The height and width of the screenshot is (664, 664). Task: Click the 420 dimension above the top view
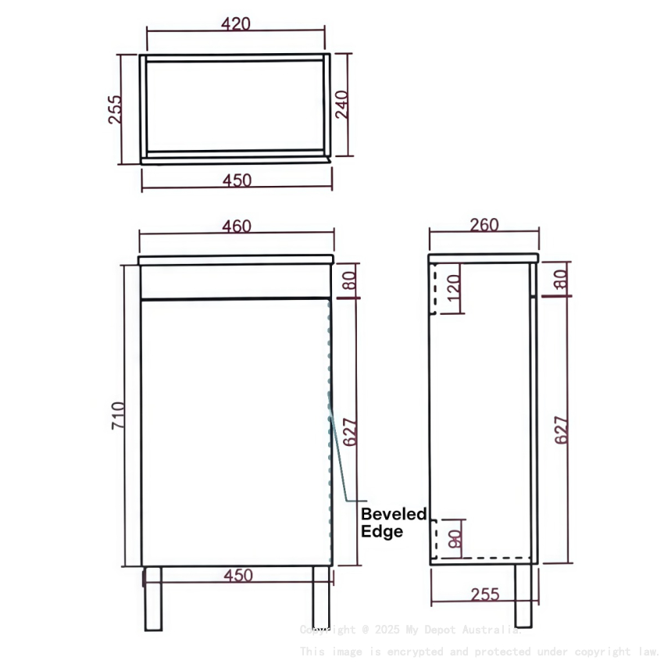pyautogui.click(x=235, y=23)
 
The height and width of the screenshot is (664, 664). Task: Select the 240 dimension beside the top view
pyautogui.click(x=343, y=104)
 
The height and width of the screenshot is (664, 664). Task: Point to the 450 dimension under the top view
pyautogui.click(x=237, y=180)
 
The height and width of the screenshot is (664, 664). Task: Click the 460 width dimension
pyautogui.click(x=237, y=227)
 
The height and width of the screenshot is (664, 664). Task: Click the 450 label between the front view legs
pyautogui.click(x=238, y=576)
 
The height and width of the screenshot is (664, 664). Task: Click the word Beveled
pyautogui.click(x=393, y=514)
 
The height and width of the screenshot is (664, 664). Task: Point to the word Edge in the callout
pyautogui.click(x=382, y=532)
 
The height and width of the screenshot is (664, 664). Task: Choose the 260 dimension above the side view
pyautogui.click(x=484, y=225)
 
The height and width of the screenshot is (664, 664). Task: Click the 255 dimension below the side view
pyautogui.click(x=485, y=594)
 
